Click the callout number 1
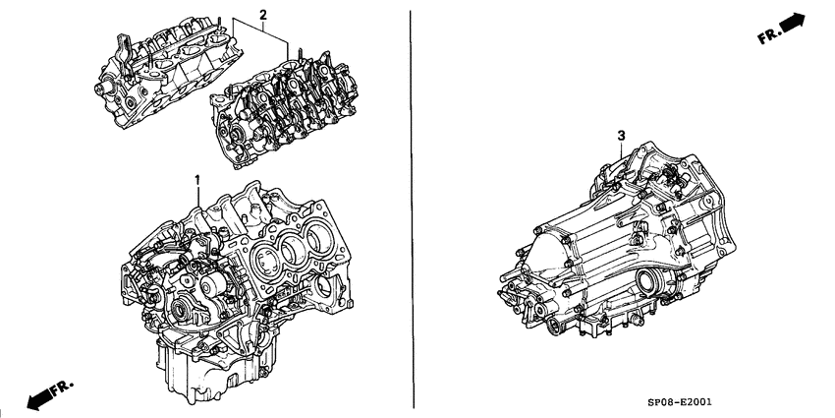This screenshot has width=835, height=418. pyautogui.click(x=197, y=180)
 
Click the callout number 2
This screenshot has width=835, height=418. pyautogui.click(x=262, y=14)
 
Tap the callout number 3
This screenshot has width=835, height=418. pyautogui.click(x=621, y=135)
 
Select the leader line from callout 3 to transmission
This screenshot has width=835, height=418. pyautogui.click(x=623, y=152)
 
